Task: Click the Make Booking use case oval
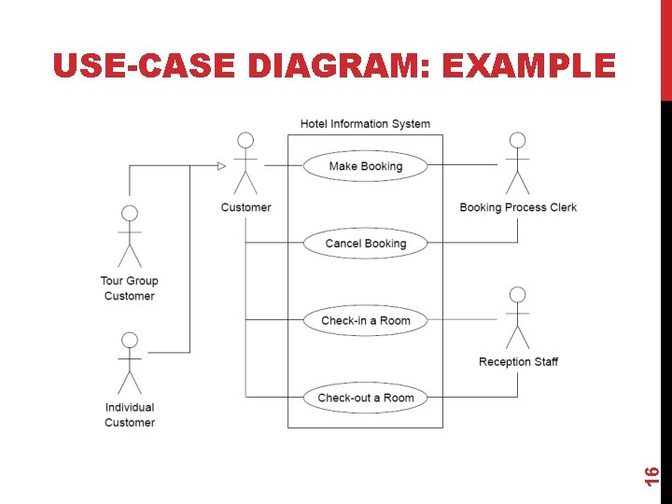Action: coord(366,166)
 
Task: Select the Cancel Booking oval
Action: coord(366,244)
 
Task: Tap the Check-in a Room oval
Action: coord(366,320)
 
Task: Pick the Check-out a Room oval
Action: coord(366,398)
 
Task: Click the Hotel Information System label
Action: coord(365,123)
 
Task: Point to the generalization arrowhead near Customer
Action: coord(221,166)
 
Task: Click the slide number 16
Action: coord(652,475)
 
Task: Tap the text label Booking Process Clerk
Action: coord(518,207)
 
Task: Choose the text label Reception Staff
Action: coord(518,361)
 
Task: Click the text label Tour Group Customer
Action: coord(130,288)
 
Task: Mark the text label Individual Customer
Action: coord(130,414)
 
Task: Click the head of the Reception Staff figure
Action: coord(517,294)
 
